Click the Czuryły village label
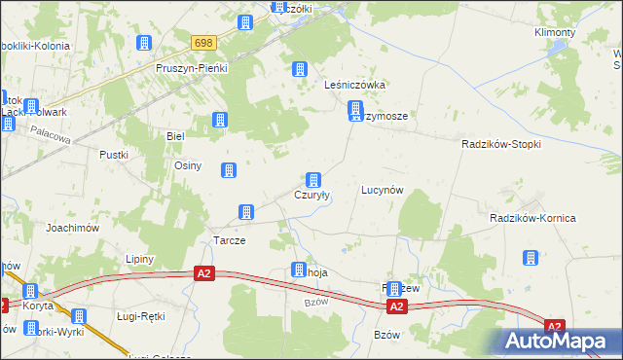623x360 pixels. pyautogui.click(x=312, y=195)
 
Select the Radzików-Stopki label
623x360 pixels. pyautogui.click(x=500, y=143)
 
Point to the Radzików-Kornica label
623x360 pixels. pyautogui.click(x=532, y=218)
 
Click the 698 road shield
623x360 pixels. pyautogui.click(x=203, y=44)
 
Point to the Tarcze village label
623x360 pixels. pyautogui.click(x=229, y=240)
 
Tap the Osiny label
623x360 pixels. pyautogui.click(x=187, y=165)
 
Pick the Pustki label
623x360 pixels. pyautogui.click(x=114, y=155)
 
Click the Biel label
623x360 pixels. pyautogui.click(x=175, y=136)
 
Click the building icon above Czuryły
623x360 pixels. pyautogui.click(x=313, y=180)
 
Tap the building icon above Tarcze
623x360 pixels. pyautogui.click(x=247, y=212)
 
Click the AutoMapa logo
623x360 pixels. pyautogui.click(x=561, y=341)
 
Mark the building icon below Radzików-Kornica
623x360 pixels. pyautogui.click(x=531, y=258)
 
